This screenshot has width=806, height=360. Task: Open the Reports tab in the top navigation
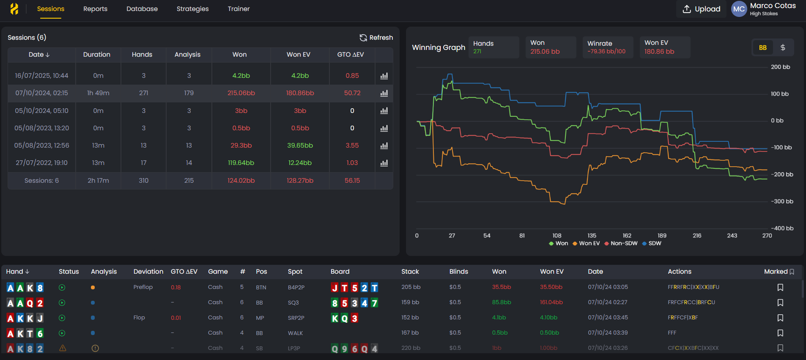[x=95, y=9]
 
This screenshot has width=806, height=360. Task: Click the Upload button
[x=702, y=9]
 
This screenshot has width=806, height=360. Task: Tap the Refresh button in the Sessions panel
[x=376, y=38]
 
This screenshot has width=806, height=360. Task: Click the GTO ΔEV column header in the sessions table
[x=350, y=55]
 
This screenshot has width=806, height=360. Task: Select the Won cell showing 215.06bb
[x=241, y=93]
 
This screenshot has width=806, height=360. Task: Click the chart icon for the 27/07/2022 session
[x=384, y=163]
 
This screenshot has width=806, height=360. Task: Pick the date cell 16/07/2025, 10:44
[x=41, y=76]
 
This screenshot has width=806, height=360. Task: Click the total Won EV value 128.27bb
[x=300, y=181]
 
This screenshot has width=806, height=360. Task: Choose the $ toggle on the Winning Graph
[x=783, y=48]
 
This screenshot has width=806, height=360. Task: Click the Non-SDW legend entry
[x=621, y=243]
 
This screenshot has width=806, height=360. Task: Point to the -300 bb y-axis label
[x=782, y=201]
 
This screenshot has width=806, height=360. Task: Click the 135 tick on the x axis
[x=592, y=236]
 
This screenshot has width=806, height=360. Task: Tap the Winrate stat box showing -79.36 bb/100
[x=607, y=47]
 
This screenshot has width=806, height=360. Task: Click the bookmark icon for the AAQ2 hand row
[x=780, y=302]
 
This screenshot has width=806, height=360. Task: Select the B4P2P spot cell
[x=296, y=287]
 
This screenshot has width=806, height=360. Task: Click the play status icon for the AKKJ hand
[x=62, y=318]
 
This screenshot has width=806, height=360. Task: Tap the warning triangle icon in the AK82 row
[x=63, y=348]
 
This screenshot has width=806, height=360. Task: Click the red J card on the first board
[x=335, y=288]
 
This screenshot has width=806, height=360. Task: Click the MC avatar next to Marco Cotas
[x=739, y=9]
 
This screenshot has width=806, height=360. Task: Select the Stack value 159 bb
[x=410, y=302]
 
